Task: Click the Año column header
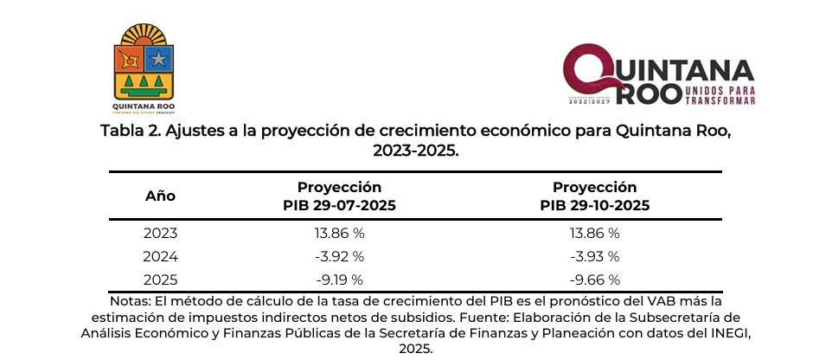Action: [160, 196]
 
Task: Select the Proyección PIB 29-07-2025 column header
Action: [339, 196]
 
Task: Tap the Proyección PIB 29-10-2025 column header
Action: [594, 196]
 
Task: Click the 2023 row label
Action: [160, 234]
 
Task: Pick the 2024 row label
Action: [160, 256]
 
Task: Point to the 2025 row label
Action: [160, 279]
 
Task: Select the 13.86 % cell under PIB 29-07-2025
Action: [338, 234]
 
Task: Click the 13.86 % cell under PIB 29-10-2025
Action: [594, 234]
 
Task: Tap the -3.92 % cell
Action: [338, 256]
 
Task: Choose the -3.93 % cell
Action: [594, 256]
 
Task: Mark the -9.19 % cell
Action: [338, 279]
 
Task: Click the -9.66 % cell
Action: [594, 279]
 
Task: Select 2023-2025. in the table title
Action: [416, 151]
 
